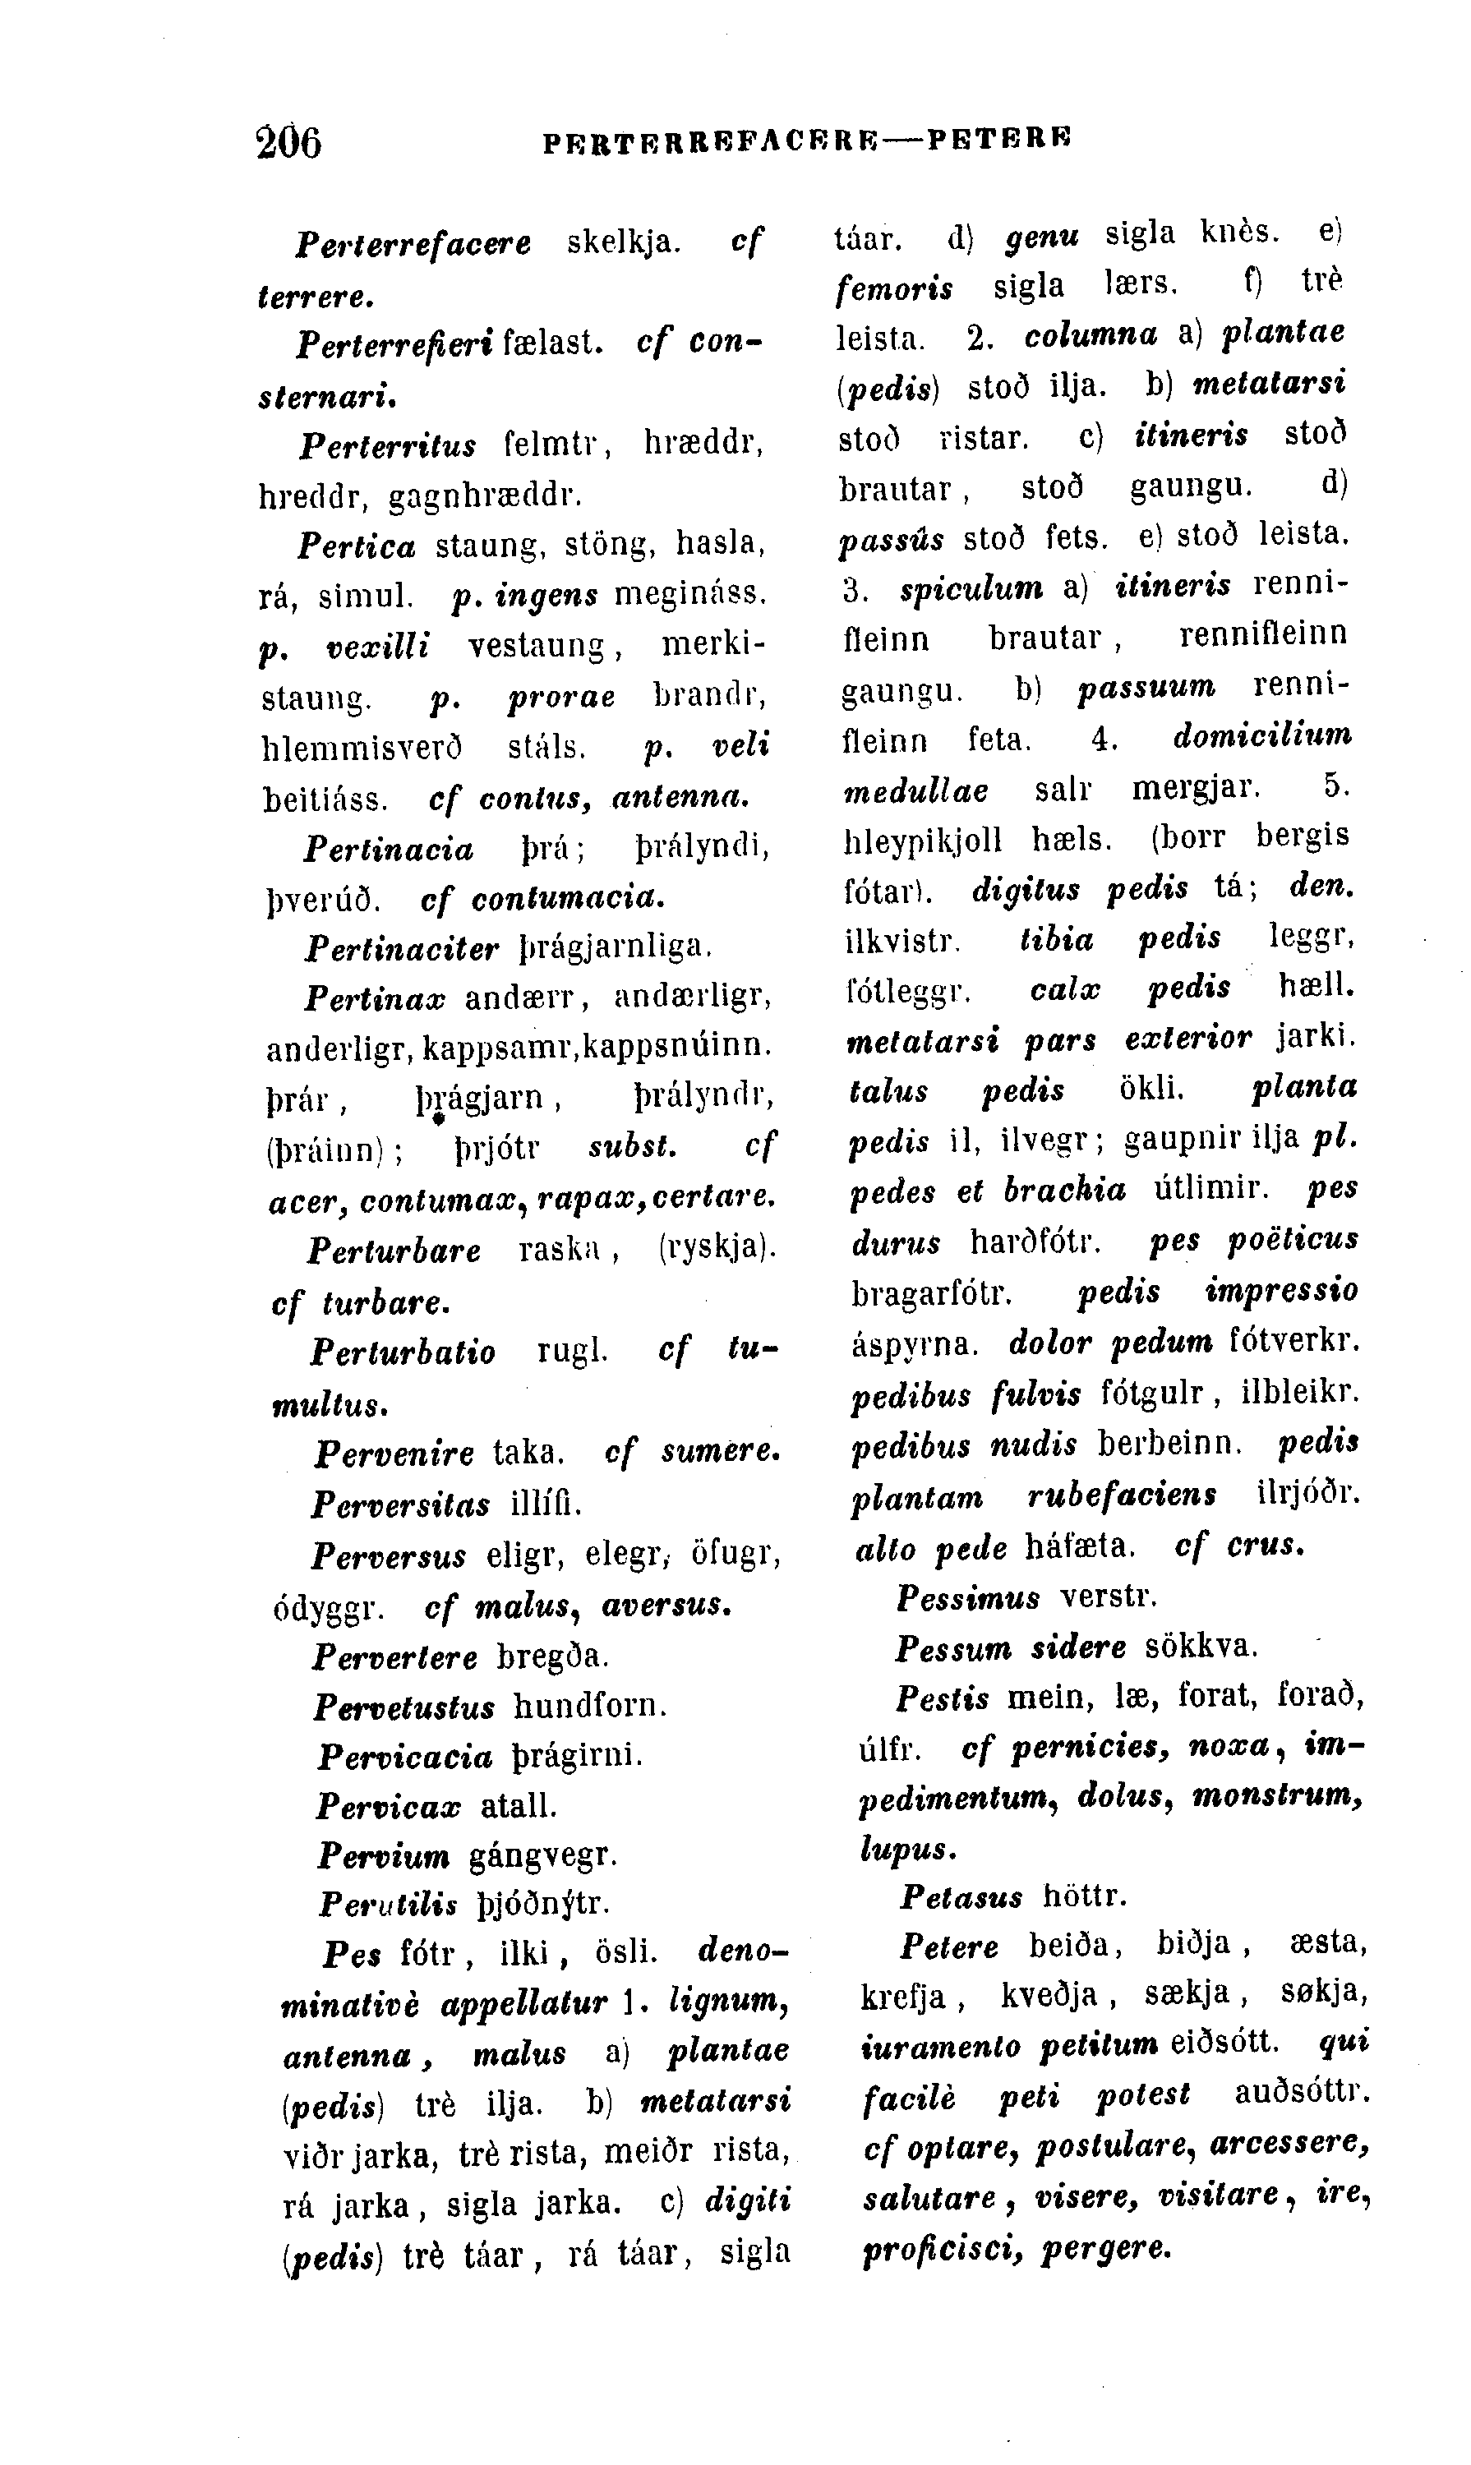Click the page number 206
pyautogui.click(x=288, y=141)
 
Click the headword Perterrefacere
pyautogui.click(x=413, y=243)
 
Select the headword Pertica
pyautogui.click(x=357, y=545)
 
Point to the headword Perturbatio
pyautogui.click(x=403, y=1352)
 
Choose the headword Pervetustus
pyautogui.click(x=404, y=1707)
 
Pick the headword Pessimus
pyautogui.click(x=968, y=1598)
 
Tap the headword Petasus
pyautogui.click(x=961, y=1897)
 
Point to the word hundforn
pyautogui.click(x=590, y=1706)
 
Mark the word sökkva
pyautogui.click(x=1201, y=1647)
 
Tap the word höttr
pyautogui.click(x=1086, y=1896)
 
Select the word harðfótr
pyautogui.click(x=1035, y=1241)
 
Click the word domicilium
pyautogui.click(x=1261, y=736)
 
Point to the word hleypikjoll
pyautogui.click(x=922, y=839)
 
